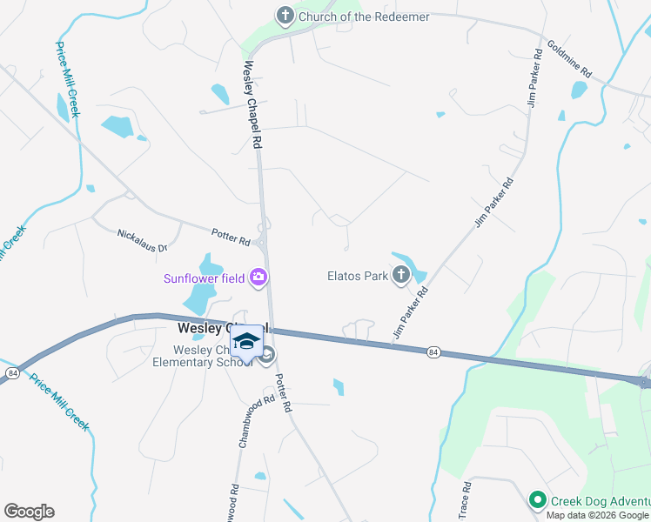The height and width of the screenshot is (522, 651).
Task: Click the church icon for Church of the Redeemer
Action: tap(285, 15)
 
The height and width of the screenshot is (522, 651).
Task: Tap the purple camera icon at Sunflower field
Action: tap(258, 278)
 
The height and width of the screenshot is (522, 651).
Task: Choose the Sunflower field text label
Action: tap(204, 279)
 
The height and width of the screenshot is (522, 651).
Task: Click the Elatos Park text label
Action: tap(356, 277)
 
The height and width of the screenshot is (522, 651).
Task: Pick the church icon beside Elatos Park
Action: tap(401, 277)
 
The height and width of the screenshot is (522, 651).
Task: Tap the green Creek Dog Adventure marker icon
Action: tap(537, 499)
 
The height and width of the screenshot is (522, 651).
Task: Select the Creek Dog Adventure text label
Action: tap(600, 500)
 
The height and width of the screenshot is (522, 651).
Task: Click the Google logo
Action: tap(29, 512)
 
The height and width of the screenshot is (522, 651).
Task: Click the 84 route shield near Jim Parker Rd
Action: tap(433, 351)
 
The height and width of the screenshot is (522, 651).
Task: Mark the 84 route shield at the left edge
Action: tap(11, 372)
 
